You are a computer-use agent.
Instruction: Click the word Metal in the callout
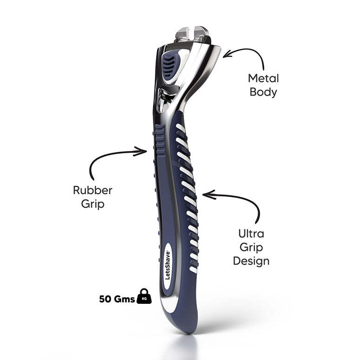click(263, 78)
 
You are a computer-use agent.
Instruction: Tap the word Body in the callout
click(263, 92)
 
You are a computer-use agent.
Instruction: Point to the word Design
click(251, 261)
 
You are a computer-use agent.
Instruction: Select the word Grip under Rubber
click(93, 203)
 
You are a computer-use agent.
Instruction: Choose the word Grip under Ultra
click(251, 247)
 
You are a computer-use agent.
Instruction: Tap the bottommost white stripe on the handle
click(193, 269)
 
